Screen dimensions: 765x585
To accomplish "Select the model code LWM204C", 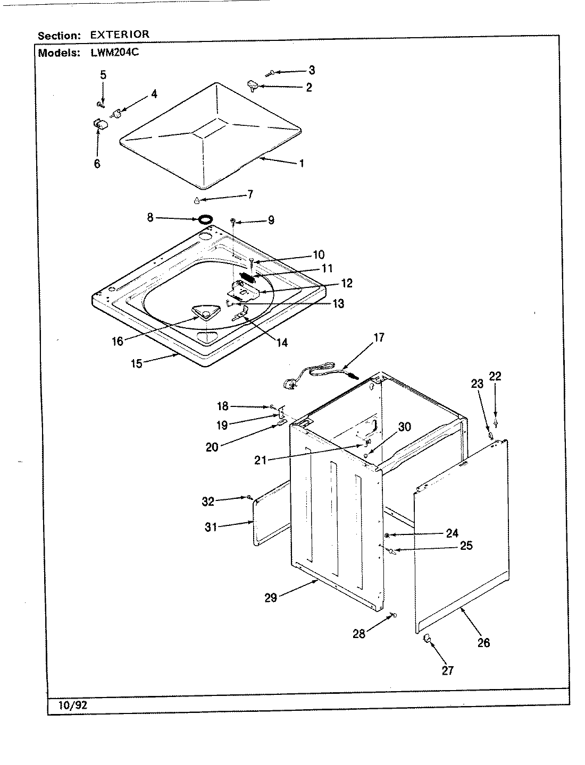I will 111,53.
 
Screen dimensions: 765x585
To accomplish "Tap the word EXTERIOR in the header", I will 120,35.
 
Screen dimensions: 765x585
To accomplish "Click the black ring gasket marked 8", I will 206,218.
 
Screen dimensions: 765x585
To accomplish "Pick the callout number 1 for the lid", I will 301,163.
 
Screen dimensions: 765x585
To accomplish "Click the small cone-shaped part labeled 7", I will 196,200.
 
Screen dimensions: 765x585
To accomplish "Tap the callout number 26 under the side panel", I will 483,643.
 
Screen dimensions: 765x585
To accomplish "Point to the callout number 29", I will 271,598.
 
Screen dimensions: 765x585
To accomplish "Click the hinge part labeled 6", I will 99,124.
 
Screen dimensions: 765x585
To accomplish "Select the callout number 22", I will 495,377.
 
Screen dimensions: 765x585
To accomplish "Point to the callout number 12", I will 347,284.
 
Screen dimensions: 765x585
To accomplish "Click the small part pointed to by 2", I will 252,84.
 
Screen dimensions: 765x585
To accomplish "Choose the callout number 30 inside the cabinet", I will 405,427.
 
